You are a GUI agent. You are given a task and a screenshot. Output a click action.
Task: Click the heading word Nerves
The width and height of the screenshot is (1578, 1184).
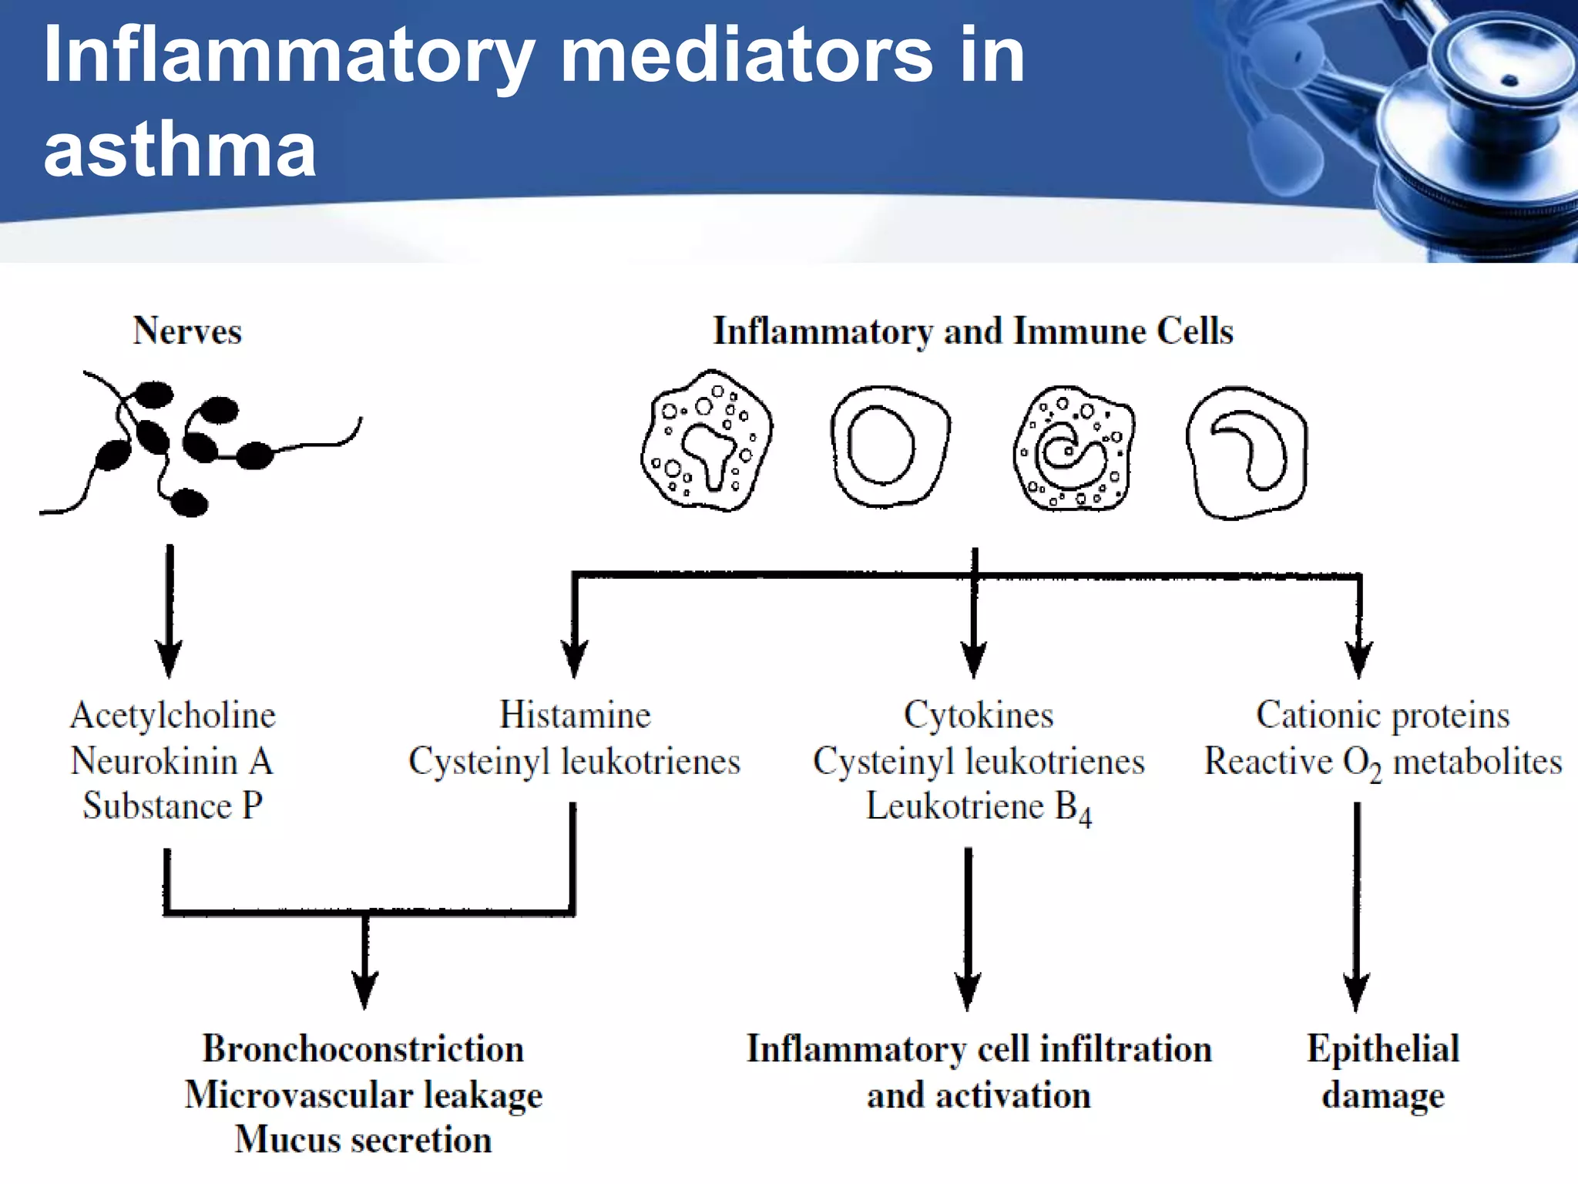(187, 331)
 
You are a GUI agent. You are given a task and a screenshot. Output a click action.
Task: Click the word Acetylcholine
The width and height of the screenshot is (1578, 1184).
(173, 715)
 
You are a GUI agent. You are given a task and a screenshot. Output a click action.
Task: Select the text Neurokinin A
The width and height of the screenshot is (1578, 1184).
(172, 762)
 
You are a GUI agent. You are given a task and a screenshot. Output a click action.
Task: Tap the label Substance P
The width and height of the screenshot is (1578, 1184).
(173, 806)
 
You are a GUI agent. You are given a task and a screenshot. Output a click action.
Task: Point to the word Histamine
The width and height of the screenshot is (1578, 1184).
(575, 715)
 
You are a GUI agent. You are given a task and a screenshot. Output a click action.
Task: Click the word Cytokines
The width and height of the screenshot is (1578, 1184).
(979, 715)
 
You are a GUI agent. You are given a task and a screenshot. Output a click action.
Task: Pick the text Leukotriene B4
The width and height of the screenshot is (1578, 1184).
(979, 808)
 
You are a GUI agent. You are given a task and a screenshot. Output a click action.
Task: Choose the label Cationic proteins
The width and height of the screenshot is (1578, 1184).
(1382, 715)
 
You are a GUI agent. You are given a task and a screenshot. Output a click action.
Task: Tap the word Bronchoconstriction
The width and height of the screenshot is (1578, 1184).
(363, 1049)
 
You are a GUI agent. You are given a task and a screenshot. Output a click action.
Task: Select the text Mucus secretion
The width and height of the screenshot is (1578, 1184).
(363, 1140)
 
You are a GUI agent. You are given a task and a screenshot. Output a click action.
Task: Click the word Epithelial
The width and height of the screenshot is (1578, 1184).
(1382, 1049)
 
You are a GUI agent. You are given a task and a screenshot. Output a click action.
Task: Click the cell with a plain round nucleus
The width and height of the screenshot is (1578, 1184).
(890, 447)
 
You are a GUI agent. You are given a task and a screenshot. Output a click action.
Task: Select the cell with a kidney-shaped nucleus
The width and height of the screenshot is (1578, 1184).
(1246, 452)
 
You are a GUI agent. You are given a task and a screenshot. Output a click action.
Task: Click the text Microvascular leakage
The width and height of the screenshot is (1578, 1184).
(363, 1095)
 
